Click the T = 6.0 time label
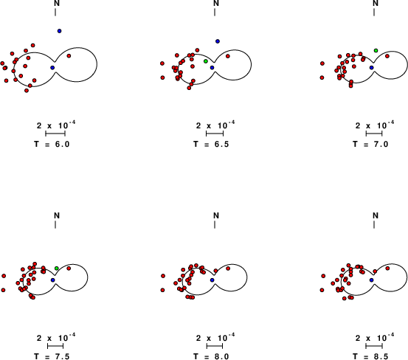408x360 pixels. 52,144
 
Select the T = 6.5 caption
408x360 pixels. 211,144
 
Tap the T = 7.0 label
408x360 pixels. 370,144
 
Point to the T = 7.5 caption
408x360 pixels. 52,356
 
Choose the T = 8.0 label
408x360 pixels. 211,356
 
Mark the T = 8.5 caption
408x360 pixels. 370,356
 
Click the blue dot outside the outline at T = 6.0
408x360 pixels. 59,31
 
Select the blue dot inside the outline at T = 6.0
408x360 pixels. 52,68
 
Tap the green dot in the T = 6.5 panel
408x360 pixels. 206,61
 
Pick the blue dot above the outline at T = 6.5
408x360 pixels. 218,41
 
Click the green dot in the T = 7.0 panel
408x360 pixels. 376,50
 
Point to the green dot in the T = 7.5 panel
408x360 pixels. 57,269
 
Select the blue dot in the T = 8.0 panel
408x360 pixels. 212,280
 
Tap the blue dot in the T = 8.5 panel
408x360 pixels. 372,280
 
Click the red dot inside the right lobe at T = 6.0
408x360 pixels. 69,55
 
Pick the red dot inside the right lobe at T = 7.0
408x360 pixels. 387,56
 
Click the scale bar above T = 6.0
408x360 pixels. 55,134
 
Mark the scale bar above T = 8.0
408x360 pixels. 215,346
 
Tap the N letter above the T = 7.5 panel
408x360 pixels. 57,215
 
